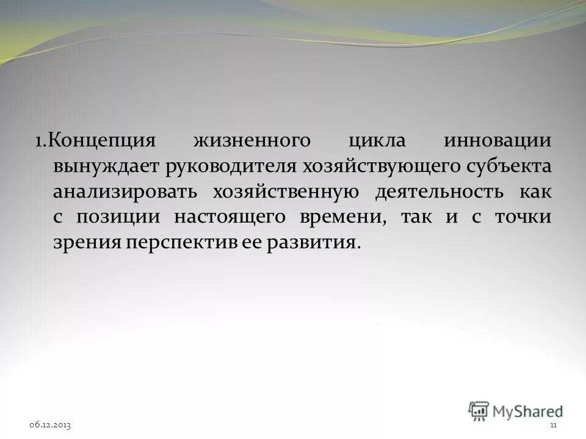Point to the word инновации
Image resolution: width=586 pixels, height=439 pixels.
[497, 141]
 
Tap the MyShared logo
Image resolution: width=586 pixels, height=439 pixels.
[516, 410]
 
